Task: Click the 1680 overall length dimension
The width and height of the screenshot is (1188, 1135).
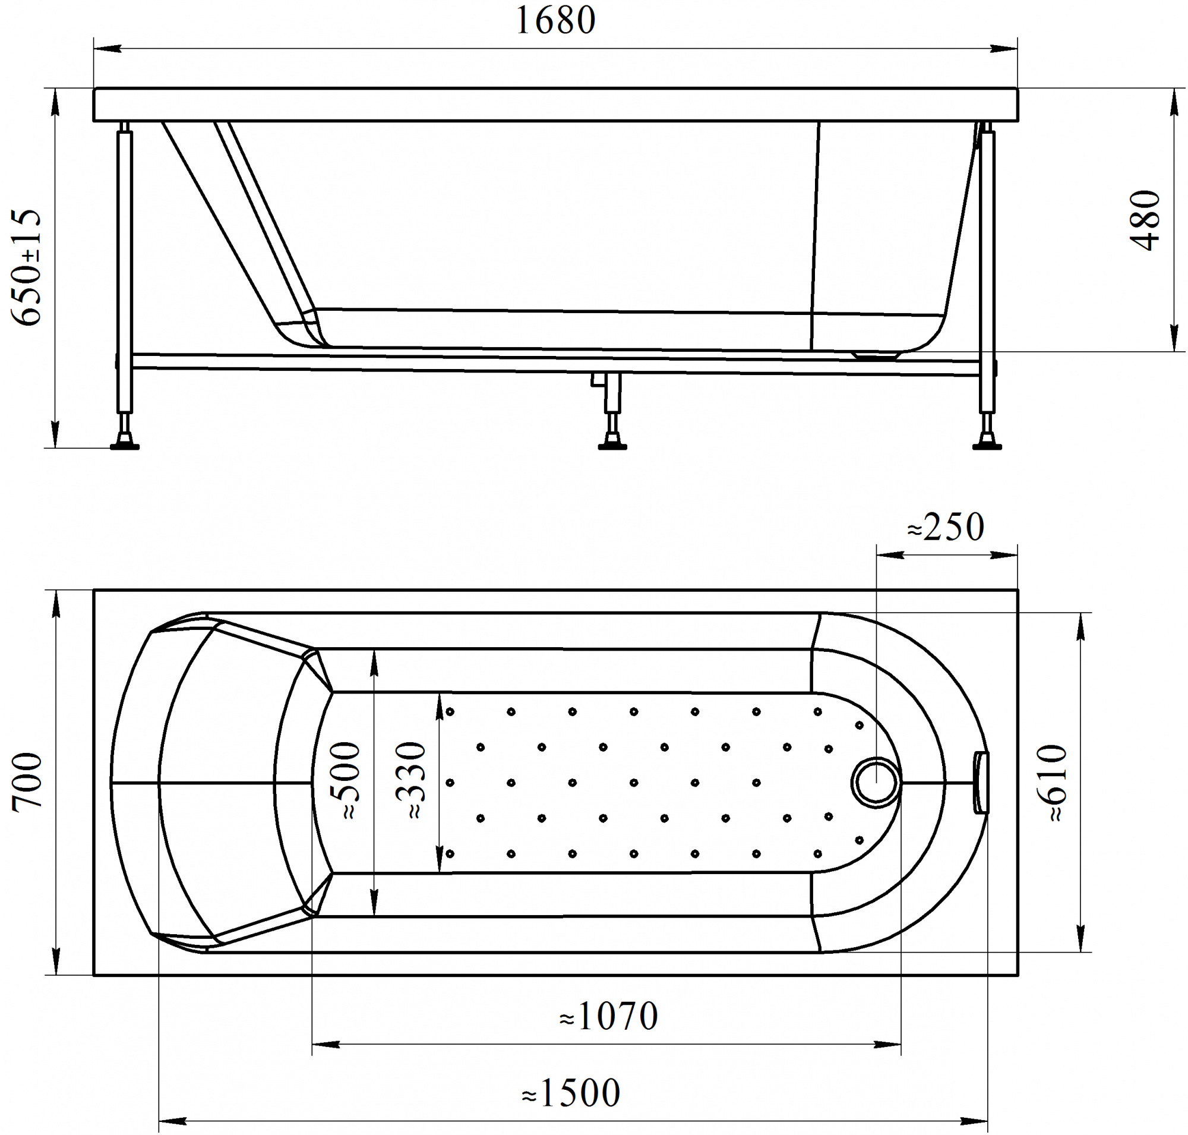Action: click(555, 21)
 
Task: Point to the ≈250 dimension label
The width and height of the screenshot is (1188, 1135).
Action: click(946, 527)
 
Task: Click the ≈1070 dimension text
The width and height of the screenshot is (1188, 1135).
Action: click(608, 1016)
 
